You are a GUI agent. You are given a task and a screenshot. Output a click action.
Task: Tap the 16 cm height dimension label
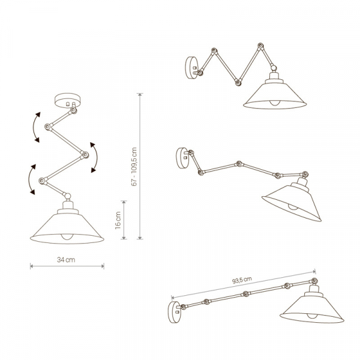(119, 221)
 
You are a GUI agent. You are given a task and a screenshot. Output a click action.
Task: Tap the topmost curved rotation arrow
(35, 127)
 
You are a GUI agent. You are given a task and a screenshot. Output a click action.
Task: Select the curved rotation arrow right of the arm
(94, 157)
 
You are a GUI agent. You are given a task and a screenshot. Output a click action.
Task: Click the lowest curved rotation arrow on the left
(29, 178)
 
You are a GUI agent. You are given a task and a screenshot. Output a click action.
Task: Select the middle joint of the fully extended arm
(245, 294)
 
